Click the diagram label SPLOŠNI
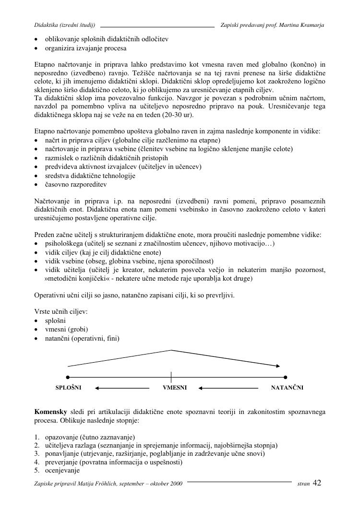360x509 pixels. [69, 388]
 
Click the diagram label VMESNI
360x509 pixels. [175, 388]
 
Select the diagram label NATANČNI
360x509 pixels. [287, 388]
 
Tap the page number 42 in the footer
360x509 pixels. [317, 483]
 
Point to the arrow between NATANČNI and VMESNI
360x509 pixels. [228, 388]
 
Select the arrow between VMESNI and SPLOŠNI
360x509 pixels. [122, 388]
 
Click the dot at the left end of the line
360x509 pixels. [68, 377]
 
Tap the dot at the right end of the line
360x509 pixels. [285, 377]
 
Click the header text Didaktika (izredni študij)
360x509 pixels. [65, 24]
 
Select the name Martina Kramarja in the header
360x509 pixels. [303, 24]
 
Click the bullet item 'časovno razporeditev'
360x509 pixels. [76, 184]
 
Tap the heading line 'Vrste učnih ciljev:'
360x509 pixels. [61, 311]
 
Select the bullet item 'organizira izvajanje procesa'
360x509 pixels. [86, 48]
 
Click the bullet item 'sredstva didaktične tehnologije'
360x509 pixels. [90, 176]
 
